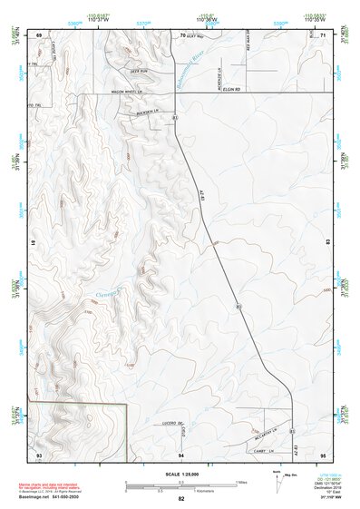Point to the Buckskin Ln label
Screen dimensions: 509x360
point(146,113)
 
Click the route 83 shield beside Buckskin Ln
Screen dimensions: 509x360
point(174,118)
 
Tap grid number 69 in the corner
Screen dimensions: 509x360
point(39,34)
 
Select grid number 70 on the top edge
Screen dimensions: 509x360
point(182,34)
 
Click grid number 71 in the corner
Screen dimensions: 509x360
point(324,34)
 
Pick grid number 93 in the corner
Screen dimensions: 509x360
point(39,454)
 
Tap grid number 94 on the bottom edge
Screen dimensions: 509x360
point(182,454)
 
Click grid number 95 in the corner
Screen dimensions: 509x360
point(324,454)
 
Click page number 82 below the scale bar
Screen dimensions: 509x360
point(181,499)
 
